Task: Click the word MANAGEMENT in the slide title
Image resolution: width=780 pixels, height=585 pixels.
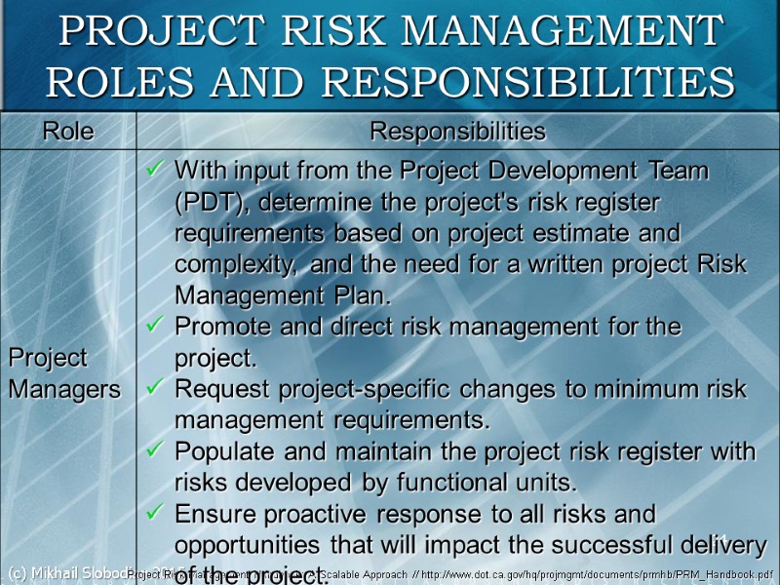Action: pos(562,31)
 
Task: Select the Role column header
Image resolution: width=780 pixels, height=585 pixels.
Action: pos(67,131)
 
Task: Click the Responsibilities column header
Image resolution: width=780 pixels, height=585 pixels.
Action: pos(457,131)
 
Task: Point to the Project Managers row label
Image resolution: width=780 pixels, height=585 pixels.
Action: pos(63,373)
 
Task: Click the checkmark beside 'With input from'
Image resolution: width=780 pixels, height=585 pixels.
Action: pos(154,171)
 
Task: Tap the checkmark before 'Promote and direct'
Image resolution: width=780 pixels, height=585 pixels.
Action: pos(154,327)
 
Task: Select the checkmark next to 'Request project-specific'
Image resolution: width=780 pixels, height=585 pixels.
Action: pos(154,389)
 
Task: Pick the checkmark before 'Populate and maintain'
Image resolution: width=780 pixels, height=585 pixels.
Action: pos(154,451)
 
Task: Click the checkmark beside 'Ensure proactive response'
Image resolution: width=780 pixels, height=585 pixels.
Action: pos(154,514)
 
